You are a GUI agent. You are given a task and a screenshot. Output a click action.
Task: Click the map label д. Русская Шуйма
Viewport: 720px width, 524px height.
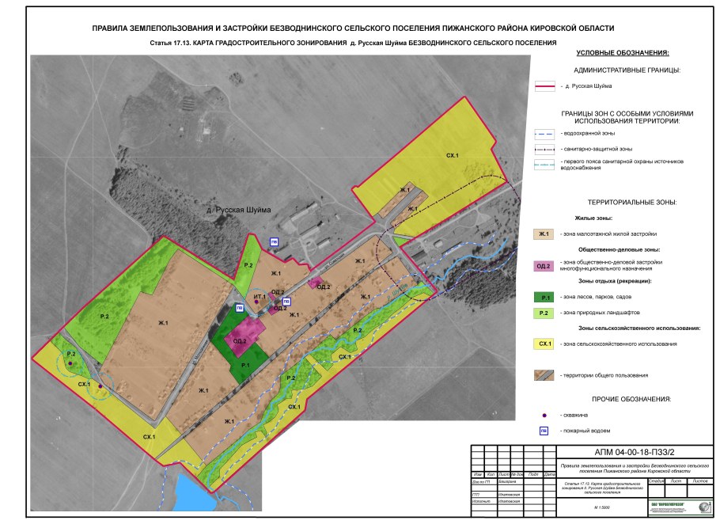(238, 209)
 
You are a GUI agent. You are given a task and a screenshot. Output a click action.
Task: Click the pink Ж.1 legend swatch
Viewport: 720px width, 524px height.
(544, 234)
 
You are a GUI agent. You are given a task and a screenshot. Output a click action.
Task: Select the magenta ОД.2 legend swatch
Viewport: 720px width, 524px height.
(544, 264)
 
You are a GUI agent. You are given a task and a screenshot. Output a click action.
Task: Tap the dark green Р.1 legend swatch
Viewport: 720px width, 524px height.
(544, 297)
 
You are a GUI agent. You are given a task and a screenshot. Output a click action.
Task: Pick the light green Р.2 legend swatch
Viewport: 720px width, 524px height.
(544, 313)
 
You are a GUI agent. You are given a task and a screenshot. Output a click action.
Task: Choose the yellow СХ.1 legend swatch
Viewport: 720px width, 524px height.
(544, 344)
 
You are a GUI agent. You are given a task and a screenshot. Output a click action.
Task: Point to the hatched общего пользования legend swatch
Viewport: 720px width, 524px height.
(544, 374)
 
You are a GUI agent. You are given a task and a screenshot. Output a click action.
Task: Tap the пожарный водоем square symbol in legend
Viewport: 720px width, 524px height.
(544, 431)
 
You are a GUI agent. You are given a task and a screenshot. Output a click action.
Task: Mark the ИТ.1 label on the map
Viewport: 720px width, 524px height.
(260, 296)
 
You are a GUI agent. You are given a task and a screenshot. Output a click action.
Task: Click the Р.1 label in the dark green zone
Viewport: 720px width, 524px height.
(245, 364)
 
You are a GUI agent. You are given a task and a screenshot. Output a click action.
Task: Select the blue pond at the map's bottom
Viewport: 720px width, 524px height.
(191, 494)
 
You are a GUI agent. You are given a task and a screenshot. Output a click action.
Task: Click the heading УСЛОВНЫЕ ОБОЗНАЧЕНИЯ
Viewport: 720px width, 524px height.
(623, 53)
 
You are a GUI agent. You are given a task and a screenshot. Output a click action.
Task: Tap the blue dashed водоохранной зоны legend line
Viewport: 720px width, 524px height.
(544, 133)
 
